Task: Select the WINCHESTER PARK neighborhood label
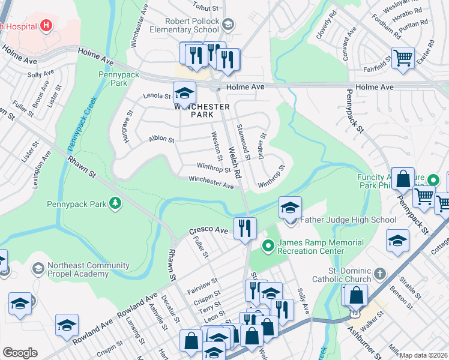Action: tap(202, 110)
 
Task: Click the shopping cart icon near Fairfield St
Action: tap(403, 58)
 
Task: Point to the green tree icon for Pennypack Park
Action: tap(114, 204)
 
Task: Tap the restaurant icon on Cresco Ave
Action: tap(245, 228)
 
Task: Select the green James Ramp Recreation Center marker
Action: tap(268, 246)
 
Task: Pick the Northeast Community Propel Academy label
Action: tap(82, 269)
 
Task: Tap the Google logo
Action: tap(20, 353)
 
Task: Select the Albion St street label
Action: tap(161, 139)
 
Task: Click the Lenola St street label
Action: tap(157, 95)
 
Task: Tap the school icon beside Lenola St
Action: tap(184, 92)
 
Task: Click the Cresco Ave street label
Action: tap(209, 230)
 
